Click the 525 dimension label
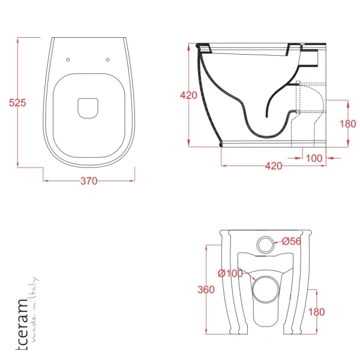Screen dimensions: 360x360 [x=17, y=103]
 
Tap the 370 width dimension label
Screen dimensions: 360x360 [x=89, y=181]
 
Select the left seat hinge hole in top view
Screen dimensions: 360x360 [x=68, y=59]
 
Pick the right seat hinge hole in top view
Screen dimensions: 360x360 [x=107, y=59]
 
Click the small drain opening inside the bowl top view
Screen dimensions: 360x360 [x=88, y=109]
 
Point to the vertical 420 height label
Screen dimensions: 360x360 [x=188, y=95]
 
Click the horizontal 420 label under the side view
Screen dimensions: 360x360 [x=274, y=166]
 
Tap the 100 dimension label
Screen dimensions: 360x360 [x=314, y=158]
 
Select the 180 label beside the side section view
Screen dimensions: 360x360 [x=348, y=124]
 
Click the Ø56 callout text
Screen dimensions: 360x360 [x=292, y=241]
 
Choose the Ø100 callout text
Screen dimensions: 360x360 [x=230, y=273]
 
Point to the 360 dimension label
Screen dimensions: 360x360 [x=206, y=290]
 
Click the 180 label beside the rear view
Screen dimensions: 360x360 [x=316, y=312]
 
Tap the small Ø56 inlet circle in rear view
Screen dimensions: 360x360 [x=265, y=245]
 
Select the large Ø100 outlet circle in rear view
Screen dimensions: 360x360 [x=266, y=290]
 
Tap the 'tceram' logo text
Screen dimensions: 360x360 [x=22, y=325]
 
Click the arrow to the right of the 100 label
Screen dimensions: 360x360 [x=334, y=158]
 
